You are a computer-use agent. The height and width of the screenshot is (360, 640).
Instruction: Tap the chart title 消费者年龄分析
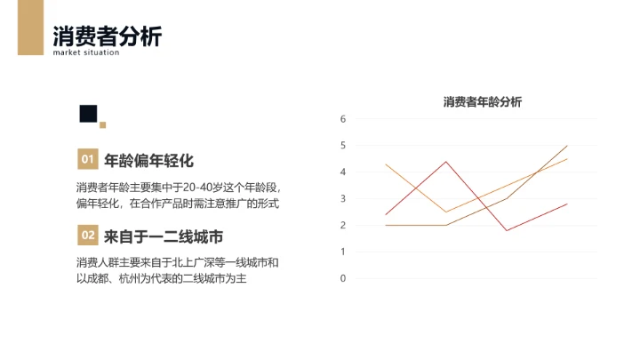(483, 102)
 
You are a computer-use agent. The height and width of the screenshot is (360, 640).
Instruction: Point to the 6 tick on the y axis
(342, 118)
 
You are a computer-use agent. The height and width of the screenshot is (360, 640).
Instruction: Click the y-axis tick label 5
(342, 145)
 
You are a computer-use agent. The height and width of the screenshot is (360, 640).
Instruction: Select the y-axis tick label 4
(342, 172)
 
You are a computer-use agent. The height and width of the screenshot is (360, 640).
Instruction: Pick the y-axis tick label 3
(342, 198)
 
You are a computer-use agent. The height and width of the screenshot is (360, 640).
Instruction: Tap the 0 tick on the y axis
(342, 278)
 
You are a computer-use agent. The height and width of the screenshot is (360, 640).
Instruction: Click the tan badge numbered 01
(87, 160)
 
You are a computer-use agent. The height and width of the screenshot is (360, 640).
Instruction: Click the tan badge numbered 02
(87, 236)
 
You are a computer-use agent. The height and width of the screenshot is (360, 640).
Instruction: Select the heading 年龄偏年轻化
(148, 161)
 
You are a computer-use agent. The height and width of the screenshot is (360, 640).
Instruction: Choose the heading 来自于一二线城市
(163, 236)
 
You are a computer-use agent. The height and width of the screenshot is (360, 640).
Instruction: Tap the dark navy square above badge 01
(88, 113)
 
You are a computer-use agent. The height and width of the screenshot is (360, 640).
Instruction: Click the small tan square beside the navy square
(103, 124)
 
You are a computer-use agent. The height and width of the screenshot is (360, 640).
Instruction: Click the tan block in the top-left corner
(29, 27)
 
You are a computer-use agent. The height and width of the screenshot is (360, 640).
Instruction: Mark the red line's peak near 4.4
(446, 161)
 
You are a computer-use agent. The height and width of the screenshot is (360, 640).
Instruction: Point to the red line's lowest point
(507, 230)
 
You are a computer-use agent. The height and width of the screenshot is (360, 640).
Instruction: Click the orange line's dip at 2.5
(446, 212)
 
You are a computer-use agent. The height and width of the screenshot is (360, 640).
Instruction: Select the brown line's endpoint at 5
(567, 145)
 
